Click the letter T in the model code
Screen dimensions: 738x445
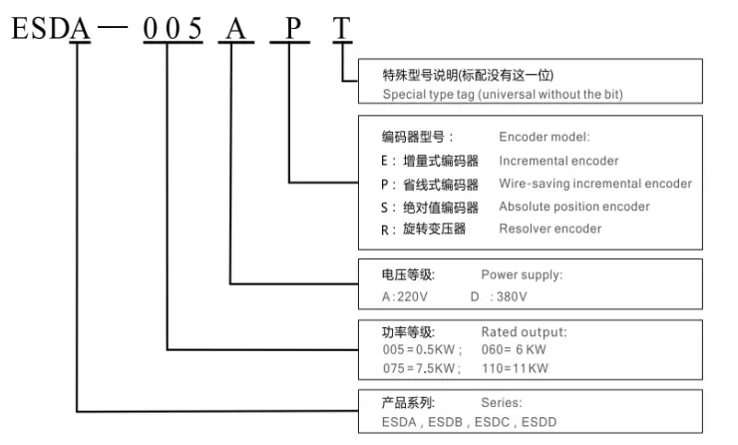pos(342,28)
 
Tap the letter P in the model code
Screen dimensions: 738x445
pos(293,28)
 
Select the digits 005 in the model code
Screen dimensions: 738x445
pos(173,28)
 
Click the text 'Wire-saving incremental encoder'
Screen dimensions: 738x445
pos(595,184)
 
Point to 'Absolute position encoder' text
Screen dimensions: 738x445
pos(574,207)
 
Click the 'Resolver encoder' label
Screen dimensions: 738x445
pos(551,228)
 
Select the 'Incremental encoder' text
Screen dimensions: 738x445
pos(558,161)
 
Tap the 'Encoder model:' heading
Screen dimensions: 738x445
pos(545,137)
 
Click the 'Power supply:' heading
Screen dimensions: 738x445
pos(522,274)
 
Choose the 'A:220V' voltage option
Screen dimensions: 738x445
pos(405,296)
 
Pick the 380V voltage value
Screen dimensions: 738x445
pos(512,296)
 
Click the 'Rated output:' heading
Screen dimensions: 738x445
pos(524,332)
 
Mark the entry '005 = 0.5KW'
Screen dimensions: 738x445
pos(419,349)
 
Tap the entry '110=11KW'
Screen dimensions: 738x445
pos(515,368)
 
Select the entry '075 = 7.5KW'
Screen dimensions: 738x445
pos(419,368)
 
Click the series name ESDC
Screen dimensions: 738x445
pos(492,422)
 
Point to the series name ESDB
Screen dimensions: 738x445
pos(445,422)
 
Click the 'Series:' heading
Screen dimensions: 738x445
pos(502,403)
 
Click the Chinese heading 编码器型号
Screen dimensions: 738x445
pos(413,137)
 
